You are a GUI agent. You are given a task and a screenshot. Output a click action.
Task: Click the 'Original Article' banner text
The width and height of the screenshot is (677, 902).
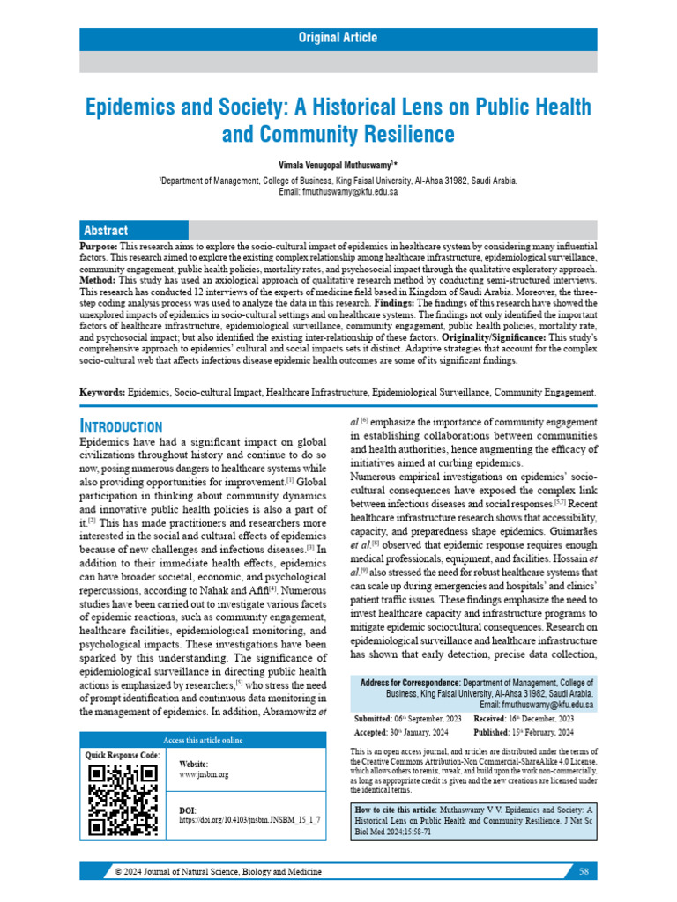point(338,38)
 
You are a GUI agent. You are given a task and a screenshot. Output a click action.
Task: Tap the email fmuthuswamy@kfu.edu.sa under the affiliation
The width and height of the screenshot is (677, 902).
point(350,192)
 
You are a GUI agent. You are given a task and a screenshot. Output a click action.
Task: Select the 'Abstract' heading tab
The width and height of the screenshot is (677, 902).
point(105,230)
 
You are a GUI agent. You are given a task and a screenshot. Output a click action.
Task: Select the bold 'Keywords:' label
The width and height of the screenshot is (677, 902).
point(102,390)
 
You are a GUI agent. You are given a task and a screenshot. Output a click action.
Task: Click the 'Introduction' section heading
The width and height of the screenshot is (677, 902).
point(121,425)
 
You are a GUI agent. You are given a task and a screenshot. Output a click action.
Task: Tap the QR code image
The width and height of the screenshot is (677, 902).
point(123,800)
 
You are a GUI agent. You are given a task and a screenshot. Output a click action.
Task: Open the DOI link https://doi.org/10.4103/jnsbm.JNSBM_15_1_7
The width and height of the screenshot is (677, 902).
point(249,819)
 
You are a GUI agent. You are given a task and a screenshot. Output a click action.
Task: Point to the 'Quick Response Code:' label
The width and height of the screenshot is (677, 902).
point(123,756)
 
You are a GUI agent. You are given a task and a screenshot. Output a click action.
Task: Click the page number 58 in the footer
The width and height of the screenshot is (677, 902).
point(584,871)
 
